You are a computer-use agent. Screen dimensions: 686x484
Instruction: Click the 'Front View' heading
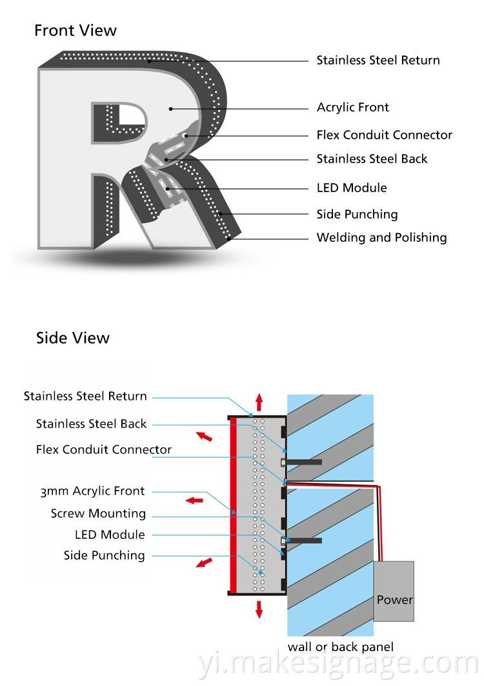point(76,30)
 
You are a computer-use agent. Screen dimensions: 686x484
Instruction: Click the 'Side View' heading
point(73,338)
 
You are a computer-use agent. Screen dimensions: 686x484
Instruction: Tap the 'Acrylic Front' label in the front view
point(352,108)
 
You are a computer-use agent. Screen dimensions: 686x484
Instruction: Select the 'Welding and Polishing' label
point(381,238)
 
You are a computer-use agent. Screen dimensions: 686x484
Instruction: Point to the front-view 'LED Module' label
point(352,188)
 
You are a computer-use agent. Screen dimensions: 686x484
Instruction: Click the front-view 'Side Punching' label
point(357,215)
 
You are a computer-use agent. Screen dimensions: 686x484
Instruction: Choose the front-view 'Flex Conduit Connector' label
point(384,135)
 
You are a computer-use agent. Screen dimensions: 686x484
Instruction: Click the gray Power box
point(394,591)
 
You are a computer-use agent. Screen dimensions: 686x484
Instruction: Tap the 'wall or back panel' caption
point(340,647)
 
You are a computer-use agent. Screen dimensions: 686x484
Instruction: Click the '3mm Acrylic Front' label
point(92,491)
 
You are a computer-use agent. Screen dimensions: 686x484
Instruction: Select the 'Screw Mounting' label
point(98,514)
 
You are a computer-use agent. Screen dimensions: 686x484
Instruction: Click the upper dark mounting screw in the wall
point(303,462)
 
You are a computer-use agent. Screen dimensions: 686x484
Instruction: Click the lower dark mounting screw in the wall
point(303,540)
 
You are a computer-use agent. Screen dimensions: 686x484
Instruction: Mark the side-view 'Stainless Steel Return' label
point(85,396)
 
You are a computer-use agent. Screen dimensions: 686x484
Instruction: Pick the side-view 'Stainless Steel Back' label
point(91,424)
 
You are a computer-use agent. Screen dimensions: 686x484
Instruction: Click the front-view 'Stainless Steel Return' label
point(378,61)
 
